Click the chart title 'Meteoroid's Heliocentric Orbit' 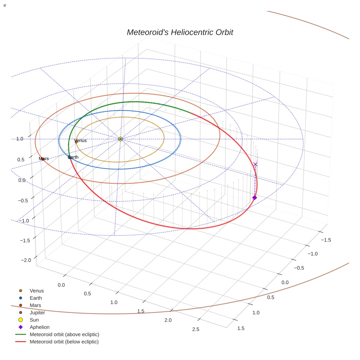click(x=180, y=32)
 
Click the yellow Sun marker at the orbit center click(x=120, y=139)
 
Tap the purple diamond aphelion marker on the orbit click(x=255, y=198)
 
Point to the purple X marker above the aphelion click(x=255, y=164)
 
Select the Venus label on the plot click(x=80, y=140)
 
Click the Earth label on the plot click(x=73, y=157)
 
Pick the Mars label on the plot click(x=44, y=159)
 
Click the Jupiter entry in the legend click(x=37, y=312)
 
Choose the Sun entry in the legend click(x=34, y=320)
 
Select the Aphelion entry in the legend click(x=40, y=327)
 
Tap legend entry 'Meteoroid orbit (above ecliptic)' click(x=64, y=334)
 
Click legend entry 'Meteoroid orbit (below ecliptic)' click(x=64, y=342)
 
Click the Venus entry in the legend click(x=37, y=290)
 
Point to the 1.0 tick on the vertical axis click(x=20, y=139)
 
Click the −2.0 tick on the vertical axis click(x=26, y=260)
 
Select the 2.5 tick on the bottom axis click(x=195, y=329)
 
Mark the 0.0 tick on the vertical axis click(x=22, y=180)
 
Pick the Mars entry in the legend click(x=35, y=305)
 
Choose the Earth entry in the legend click(x=36, y=298)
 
